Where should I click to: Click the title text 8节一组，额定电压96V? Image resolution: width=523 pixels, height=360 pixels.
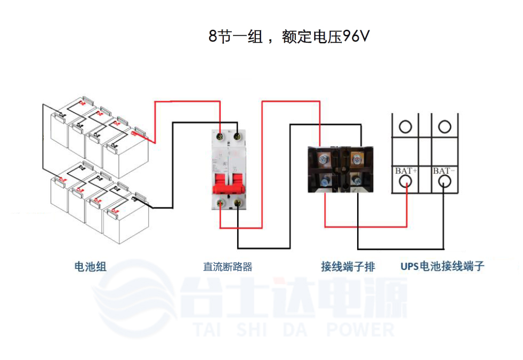tap(288, 37)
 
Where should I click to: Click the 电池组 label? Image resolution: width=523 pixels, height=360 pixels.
tap(90, 266)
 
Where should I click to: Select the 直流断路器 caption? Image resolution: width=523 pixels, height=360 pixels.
tap(227, 266)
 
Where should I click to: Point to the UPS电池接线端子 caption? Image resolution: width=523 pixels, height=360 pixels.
tap(442, 266)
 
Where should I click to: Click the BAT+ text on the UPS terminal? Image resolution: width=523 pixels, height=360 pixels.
tap(406, 171)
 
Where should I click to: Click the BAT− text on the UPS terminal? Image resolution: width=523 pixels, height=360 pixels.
tap(444, 171)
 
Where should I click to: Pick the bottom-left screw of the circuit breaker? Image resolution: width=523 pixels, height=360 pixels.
tap(220, 202)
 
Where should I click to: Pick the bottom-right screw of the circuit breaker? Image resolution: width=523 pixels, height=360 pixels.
tap(237, 203)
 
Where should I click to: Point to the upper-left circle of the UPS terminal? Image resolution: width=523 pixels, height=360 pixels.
tap(406, 126)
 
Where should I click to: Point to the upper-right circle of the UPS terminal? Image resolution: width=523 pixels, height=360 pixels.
tap(444, 126)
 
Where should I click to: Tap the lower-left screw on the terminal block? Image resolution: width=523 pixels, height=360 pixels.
tap(325, 181)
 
